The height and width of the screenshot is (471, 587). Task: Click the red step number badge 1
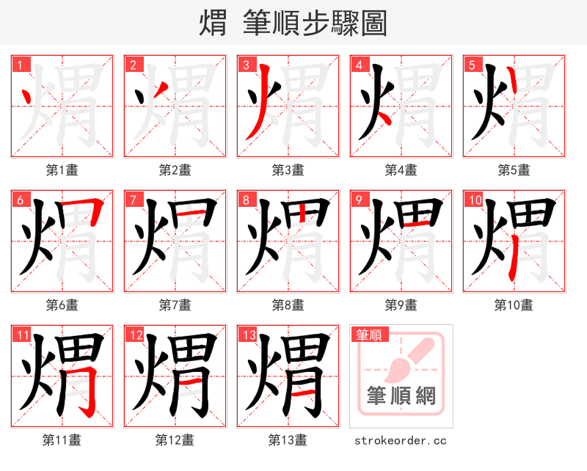coord(21,65)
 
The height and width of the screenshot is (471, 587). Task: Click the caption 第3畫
coord(288,170)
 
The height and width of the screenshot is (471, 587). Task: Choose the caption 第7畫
coord(175,304)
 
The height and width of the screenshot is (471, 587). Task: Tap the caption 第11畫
coord(62,440)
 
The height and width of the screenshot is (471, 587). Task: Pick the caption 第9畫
coord(401,304)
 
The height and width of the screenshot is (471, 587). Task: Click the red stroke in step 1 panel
coord(26,96)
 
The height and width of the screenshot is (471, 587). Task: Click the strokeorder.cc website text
coord(401,440)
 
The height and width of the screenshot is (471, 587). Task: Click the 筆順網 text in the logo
coord(401,396)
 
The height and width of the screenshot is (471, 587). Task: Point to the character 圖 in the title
coord(373,23)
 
